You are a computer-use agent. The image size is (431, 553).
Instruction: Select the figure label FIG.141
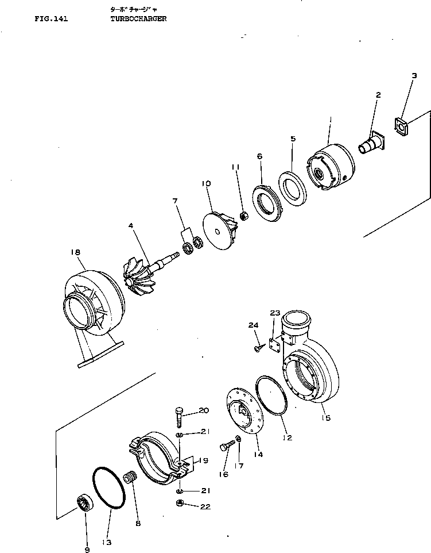click(51, 19)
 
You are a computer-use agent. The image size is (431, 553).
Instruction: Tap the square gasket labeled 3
click(400, 126)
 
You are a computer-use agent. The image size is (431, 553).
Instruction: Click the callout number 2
click(378, 95)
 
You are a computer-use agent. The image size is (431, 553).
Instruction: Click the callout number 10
click(206, 183)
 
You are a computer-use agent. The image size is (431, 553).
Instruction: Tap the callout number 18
click(75, 251)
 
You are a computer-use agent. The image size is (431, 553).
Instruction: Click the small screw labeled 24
click(258, 347)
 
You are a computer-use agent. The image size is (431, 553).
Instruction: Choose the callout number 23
click(275, 313)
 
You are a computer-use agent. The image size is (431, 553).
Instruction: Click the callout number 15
click(326, 418)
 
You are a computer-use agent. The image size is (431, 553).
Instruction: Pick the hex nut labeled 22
click(179, 504)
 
